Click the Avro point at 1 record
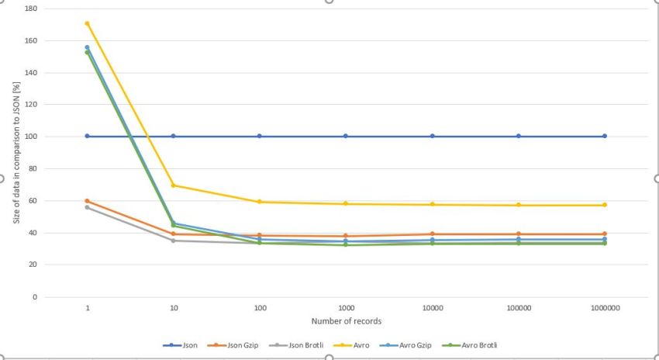pyautogui.click(x=88, y=23)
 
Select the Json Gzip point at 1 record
pyautogui.click(x=88, y=201)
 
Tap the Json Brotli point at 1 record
pyautogui.click(x=88, y=207)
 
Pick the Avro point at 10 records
pyautogui.click(x=174, y=185)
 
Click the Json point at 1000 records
pyautogui.click(x=347, y=136)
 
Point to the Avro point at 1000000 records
pyautogui.click(x=605, y=205)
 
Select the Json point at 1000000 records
pyautogui.click(x=605, y=136)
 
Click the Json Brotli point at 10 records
pyautogui.click(x=174, y=241)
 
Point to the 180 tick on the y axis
pyautogui.click(x=32, y=9)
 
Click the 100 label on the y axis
pyautogui.click(x=32, y=137)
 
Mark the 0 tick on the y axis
pyautogui.click(x=35, y=297)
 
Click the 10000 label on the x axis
pyautogui.click(x=433, y=308)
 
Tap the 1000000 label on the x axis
pyautogui.click(x=605, y=308)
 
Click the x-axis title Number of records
pyautogui.click(x=346, y=321)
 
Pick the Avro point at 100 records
pyautogui.click(x=260, y=202)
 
